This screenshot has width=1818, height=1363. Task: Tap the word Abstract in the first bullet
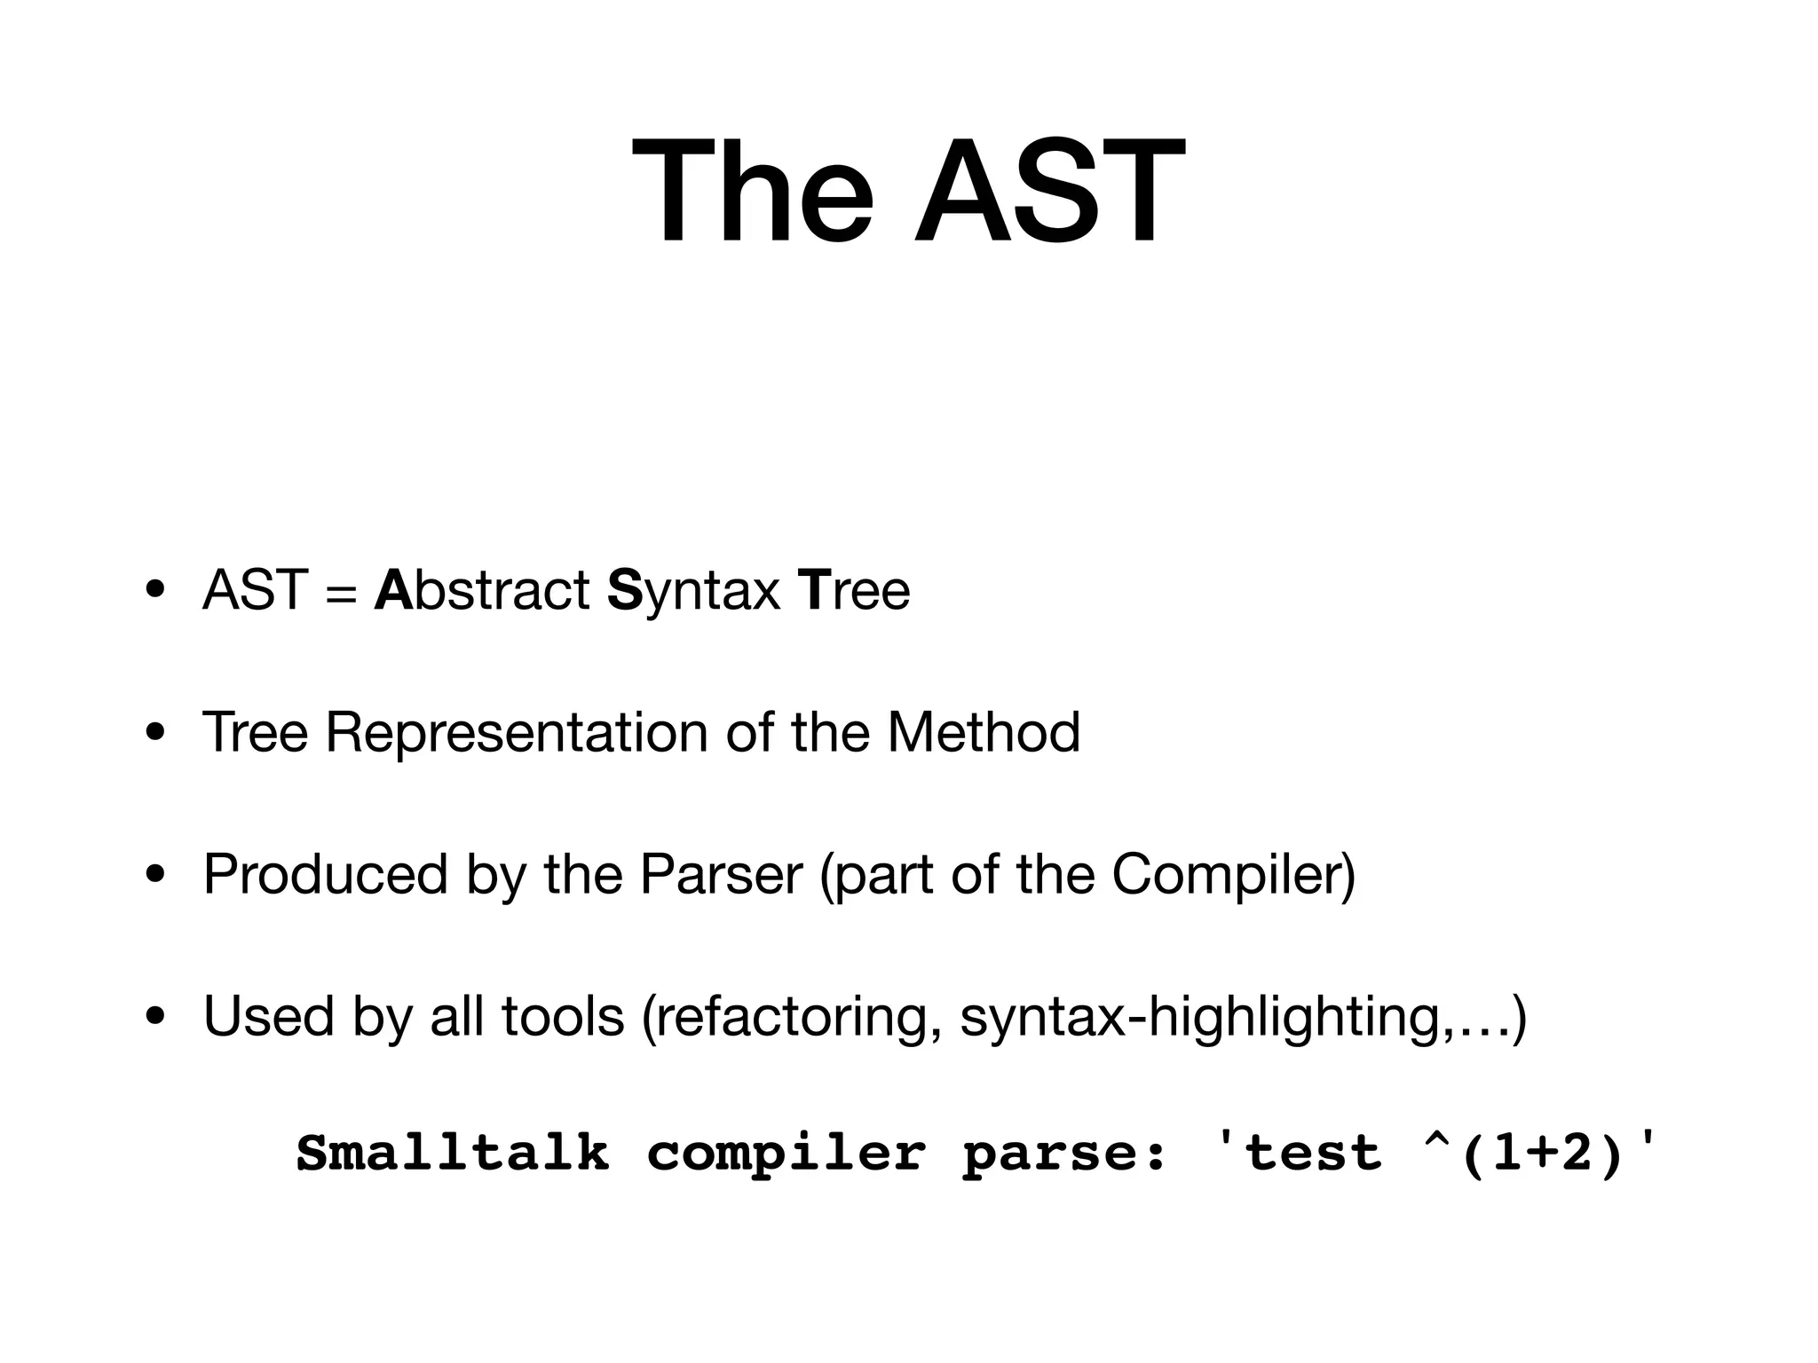coord(482,590)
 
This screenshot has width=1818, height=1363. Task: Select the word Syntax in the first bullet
coord(693,592)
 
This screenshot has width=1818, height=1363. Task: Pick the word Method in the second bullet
coord(984,732)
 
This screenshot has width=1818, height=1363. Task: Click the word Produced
coord(325,874)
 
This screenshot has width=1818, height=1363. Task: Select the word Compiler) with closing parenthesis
coord(1234,874)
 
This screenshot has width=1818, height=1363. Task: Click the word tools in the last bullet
coord(563,1016)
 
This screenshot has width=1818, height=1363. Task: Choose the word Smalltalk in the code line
coord(453,1154)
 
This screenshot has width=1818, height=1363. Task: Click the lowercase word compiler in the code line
coord(786,1154)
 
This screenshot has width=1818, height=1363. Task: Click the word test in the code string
coord(1313,1154)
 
